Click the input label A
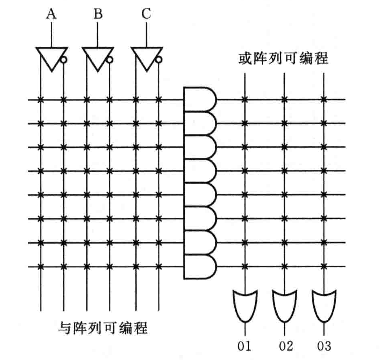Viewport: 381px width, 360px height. [x=51, y=15]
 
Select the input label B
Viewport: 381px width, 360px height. [x=98, y=15]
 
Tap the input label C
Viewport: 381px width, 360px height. [x=146, y=15]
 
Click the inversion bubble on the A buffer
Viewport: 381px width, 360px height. [x=64, y=60]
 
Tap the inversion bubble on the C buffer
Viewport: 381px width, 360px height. [x=159, y=60]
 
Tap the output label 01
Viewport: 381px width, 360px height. [x=244, y=346]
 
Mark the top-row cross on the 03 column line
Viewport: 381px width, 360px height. [x=324, y=99]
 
